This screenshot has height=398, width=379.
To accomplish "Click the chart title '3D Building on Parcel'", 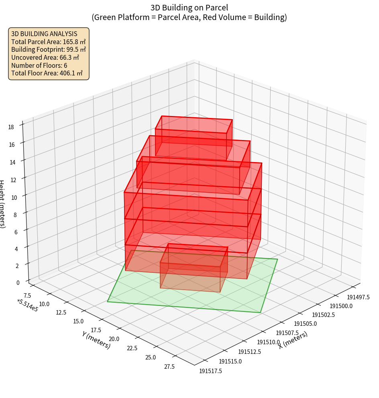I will [x=189, y=8].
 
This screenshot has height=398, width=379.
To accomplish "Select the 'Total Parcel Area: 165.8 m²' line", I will [x=48, y=41].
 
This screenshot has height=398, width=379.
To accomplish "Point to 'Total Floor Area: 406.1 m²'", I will [x=47, y=73].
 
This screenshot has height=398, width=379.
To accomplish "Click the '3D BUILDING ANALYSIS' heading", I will [x=44, y=33].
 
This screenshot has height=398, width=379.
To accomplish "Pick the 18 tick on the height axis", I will [x=11, y=127].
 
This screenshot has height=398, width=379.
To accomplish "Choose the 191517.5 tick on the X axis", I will [x=210, y=371].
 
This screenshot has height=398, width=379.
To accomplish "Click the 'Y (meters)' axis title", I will [x=96, y=340].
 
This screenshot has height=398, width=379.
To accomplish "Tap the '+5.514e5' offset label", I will [x=27, y=305].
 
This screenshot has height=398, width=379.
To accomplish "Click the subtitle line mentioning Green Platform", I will [x=189, y=17].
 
